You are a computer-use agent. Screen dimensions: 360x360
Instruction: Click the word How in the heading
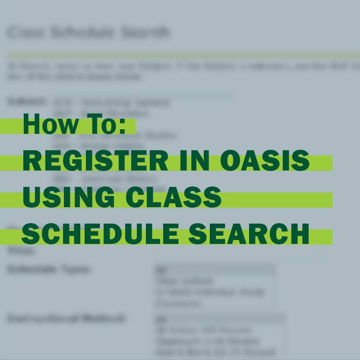[x=51, y=124]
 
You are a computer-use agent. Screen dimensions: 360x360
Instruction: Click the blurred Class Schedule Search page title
[x=88, y=32]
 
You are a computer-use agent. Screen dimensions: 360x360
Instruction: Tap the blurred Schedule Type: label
[x=49, y=269]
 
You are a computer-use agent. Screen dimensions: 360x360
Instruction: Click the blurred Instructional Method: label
[x=66, y=319]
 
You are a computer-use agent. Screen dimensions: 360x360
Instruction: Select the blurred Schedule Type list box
[x=215, y=287]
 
